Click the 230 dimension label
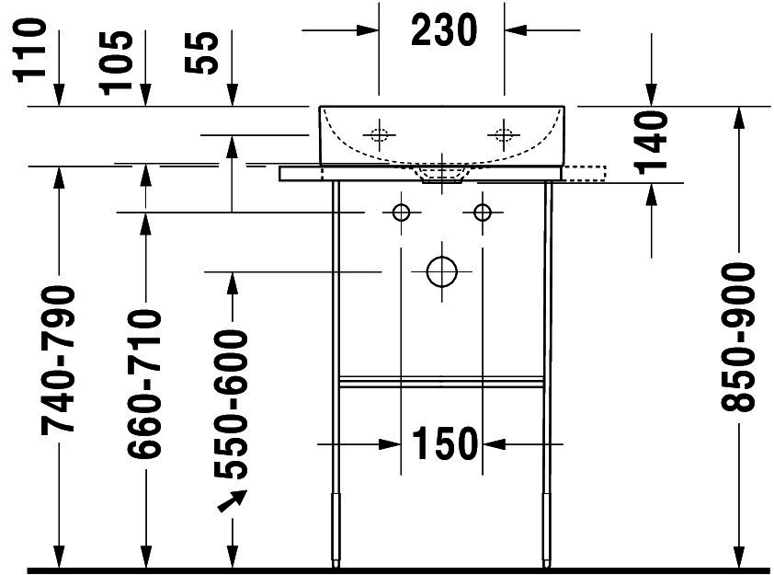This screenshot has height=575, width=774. (444, 30)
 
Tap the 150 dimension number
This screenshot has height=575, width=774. (445, 443)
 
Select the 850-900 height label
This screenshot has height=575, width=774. (738, 337)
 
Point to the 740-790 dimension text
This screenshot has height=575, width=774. (58, 360)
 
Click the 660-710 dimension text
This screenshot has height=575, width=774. (144, 384)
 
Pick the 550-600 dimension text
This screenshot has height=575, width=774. (231, 405)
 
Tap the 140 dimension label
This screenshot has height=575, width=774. (651, 143)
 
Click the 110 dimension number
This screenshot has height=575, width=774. (29, 50)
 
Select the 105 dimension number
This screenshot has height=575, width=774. (116, 63)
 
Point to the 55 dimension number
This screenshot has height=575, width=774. (201, 52)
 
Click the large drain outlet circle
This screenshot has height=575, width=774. (442, 271)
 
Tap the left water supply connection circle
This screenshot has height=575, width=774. (401, 213)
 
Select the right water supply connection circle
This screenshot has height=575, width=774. (483, 213)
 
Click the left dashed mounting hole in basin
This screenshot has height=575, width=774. (379, 134)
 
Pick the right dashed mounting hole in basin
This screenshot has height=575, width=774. (504, 134)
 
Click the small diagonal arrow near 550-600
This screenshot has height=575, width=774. (232, 500)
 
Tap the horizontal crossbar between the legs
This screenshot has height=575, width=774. (442, 382)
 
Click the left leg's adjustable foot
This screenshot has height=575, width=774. (336, 530)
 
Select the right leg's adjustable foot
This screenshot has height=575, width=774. (547, 530)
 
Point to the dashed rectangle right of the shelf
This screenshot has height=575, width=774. (584, 174)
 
